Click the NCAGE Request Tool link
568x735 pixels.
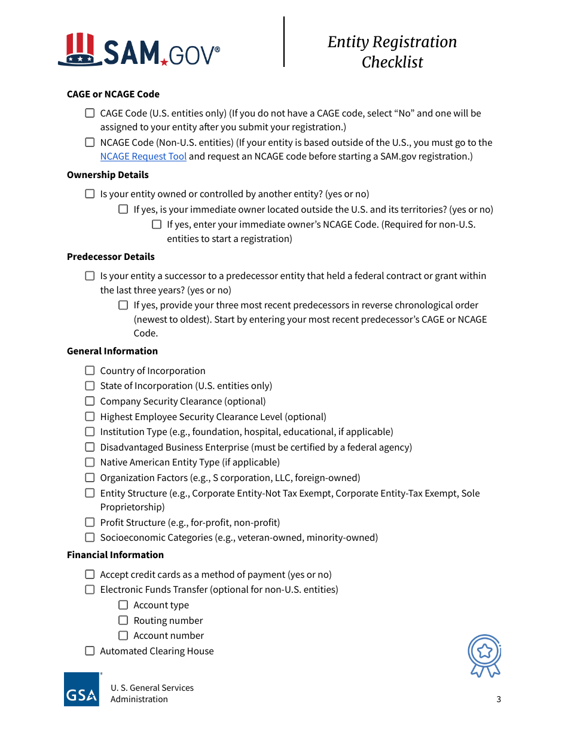(143, 157)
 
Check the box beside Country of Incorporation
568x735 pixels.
(90, 370)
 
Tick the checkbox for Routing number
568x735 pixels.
(123, 620)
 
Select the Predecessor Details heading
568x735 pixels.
(111, 257)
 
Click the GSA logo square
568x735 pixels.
(81, 690)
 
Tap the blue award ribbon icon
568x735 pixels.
(485, 656)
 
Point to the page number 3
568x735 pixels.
(499, 699)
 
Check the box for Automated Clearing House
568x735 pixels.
(90, 651)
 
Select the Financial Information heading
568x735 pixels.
(115, 555)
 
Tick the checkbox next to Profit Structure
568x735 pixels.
(90, 522)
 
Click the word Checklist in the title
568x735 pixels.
(392, 62)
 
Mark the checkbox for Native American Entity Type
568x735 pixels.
(90, 462)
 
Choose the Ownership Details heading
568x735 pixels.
(108, 175)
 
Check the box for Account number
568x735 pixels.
(123, 635)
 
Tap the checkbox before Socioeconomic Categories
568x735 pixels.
(90, 537)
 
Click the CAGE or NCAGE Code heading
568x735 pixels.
(113, 94)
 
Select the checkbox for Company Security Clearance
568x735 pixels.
(90, 401)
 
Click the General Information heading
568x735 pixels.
(112, 351)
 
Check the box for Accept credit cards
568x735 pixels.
(90, 574)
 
